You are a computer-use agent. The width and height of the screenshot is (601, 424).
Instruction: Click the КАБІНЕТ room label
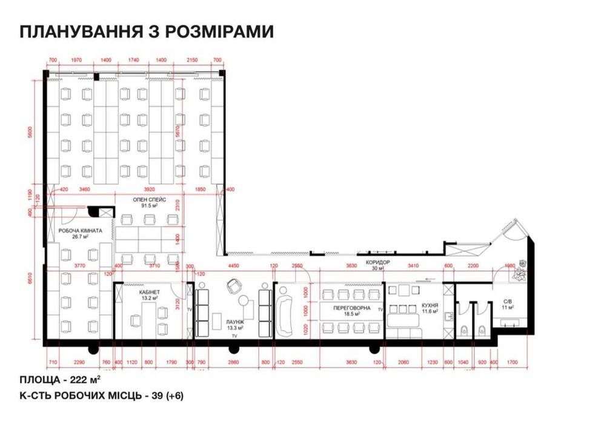click(146, 293)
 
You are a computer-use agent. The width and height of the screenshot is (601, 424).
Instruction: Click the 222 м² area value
click(84, 380)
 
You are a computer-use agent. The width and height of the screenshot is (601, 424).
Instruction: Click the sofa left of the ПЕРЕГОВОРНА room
click(285, 311)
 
